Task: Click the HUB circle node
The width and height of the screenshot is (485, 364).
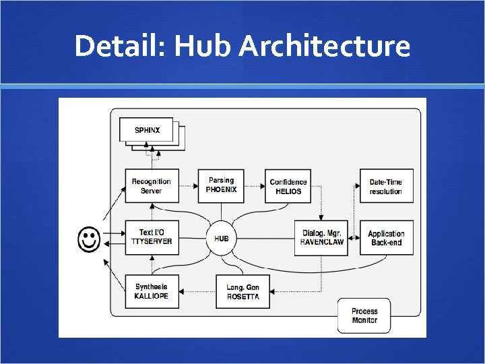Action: click(222, 238)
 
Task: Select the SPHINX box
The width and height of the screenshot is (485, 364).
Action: click(147, 129)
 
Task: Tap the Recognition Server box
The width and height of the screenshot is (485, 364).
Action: click(152, 186)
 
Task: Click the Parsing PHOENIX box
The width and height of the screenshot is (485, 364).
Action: click(221, 185)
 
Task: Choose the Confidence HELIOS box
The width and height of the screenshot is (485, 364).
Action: click(288, 186)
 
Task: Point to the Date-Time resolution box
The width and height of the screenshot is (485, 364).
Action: click(386, 186)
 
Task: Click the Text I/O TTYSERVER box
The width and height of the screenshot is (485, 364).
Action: click(152, 237)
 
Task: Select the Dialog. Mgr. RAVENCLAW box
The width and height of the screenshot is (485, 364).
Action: click(322, 238)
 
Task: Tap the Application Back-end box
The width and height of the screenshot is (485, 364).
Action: click(386, 238)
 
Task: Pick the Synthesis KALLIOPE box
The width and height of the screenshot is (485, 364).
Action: click(152, 291)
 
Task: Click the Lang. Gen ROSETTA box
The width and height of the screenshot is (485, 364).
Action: click(243, 292)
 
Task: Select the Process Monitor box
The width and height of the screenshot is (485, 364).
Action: click(364, 315)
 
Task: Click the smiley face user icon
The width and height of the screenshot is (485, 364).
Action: click(90, 239)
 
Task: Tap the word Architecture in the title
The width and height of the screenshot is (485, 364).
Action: click(324, 47)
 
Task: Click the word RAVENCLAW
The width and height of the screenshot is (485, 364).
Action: click(322, 243)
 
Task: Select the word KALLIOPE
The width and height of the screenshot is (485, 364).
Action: click(152, 296)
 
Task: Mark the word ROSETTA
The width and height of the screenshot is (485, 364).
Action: click(243, 297)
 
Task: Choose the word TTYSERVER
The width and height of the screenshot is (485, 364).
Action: click(152, 242)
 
